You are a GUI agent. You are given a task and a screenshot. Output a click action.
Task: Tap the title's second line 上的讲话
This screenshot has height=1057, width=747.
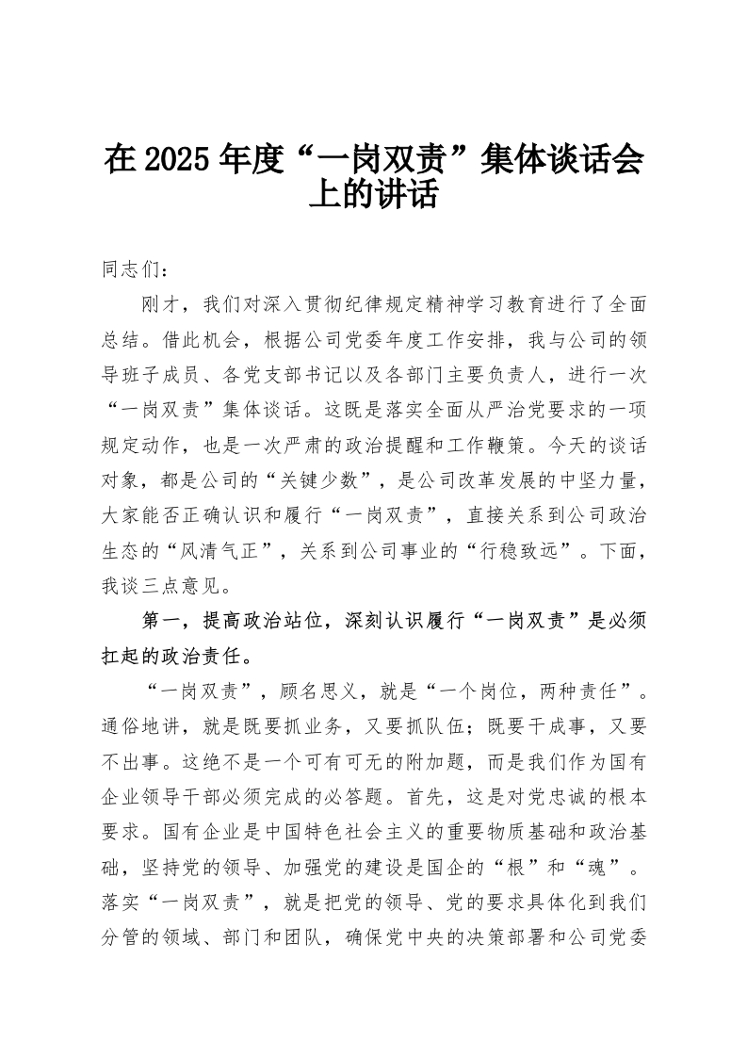[374, 195]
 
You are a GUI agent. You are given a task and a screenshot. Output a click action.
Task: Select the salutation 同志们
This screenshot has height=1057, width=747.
[127, 268]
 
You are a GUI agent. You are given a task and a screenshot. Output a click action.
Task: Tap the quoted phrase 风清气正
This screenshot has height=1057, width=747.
[230, 549]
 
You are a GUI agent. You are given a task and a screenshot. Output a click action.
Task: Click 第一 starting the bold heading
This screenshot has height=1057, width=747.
[156, 620]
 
